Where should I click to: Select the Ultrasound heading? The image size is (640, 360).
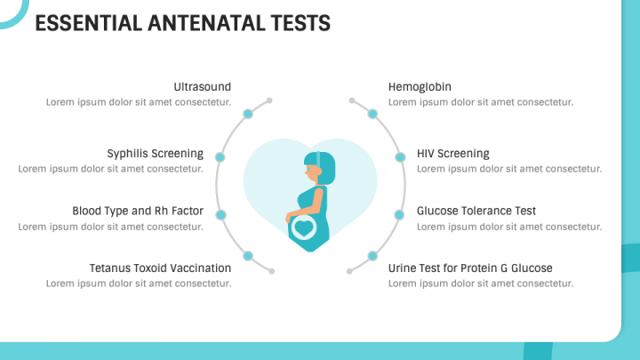tap(203, 87)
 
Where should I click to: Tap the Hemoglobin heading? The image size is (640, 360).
tap(420, 87)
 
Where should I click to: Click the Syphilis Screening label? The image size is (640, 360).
tap(155, 154)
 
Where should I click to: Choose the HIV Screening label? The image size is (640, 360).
tap(453, 154)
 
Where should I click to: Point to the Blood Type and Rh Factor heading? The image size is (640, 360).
tap(138, 211)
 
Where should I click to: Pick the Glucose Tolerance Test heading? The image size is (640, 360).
tap(476, 211)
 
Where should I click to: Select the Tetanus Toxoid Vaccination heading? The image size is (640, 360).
tap(160, 268)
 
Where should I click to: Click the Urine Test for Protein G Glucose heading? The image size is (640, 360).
tap(470, 268)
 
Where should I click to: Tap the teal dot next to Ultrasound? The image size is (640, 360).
tap(248, 114)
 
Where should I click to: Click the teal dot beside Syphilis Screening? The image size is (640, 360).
tap(220, 157)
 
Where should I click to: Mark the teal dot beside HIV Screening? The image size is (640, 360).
tap(400, 157)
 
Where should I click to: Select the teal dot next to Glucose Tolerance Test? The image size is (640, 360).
tap(399, 215)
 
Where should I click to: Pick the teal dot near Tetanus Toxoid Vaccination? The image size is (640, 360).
tap(248, 256)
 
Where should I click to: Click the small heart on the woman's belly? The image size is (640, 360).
tap(304, 228)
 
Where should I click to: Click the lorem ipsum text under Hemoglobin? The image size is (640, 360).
tap(481, 102)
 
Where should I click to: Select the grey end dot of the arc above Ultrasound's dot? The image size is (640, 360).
tap(269, 100)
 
